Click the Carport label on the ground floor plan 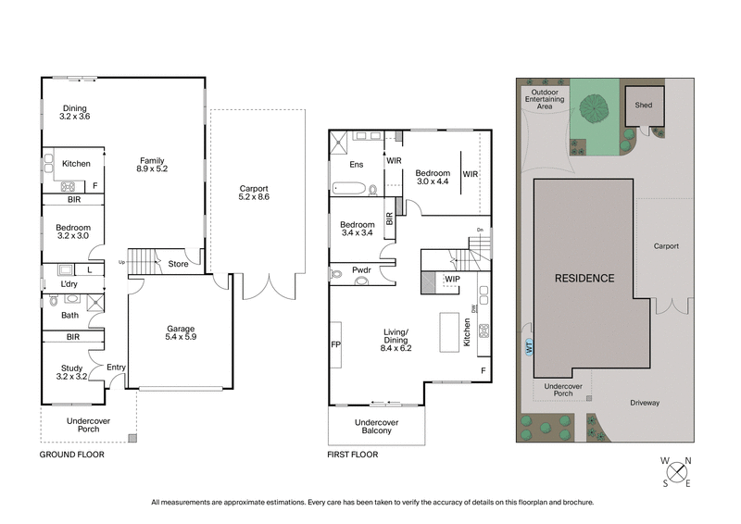(257, 191)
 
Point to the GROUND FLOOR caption (71, 455)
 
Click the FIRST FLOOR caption (353, 455)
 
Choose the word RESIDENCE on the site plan (584, 278)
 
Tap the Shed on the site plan (643, 105)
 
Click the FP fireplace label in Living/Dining (335, 344)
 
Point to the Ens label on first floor (356, 166)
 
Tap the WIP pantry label (453, 278)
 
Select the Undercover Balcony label (376, 428)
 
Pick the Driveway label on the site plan (647, 403)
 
